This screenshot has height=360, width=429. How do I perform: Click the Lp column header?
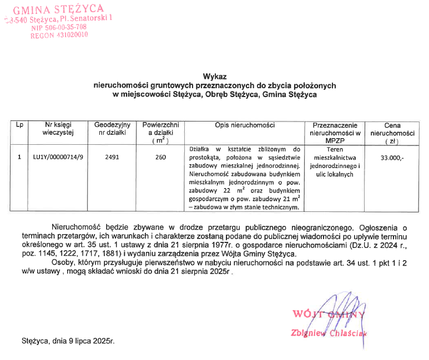click(x=19, y=125)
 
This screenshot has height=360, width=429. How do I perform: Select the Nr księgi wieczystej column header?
click(x=58, y=129)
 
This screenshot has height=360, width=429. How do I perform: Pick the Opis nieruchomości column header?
click(x=245, y=125)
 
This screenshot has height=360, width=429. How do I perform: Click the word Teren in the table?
click(x=335, y=150)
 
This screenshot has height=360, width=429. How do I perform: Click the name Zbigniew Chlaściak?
click(x=329, y=333)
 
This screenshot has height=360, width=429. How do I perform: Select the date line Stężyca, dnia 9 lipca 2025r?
click(x=68, y=341)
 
